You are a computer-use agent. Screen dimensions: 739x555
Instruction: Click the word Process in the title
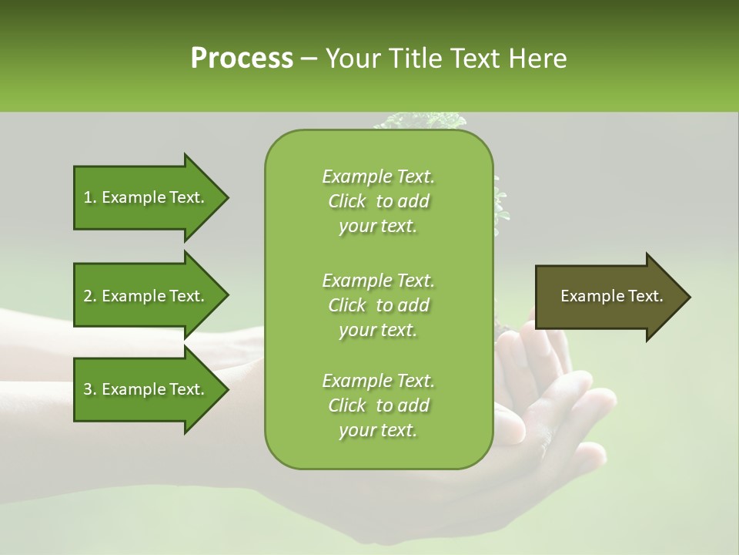click(242, 59)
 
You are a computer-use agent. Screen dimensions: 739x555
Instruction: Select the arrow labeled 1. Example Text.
click(146, 197)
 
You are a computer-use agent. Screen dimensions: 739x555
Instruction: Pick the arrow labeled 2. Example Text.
click(146, 296)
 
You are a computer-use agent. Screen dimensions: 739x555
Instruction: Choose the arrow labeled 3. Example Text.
click(146, 389)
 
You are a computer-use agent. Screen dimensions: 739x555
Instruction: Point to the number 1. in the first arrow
click(90, 197)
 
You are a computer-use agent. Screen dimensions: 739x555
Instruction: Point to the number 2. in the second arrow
click(90, 296)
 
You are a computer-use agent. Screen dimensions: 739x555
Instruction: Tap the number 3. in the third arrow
click(90, 389)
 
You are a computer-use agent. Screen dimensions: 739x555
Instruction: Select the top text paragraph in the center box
click(378, 201)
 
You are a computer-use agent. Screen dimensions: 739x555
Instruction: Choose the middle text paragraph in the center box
click(378, 304)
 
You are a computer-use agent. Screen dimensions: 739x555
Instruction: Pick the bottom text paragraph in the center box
click(378, 405)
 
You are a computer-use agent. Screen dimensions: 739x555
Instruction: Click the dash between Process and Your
click(309, 59)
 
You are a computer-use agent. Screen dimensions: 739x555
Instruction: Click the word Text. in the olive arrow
click(642, 296)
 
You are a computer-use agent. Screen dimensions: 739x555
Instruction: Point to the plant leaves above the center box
click(420, 121)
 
